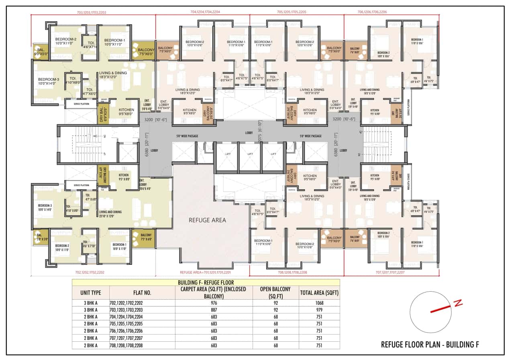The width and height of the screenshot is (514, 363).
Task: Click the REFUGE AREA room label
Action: pyautogui.click(x=207, y=220)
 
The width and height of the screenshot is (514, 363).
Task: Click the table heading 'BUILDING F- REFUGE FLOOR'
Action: pyautogui.click(x=206, y=282)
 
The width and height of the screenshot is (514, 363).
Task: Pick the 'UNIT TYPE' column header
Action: pyautogui.click(x=90, y=292)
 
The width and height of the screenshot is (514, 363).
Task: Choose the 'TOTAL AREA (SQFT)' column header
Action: pyautogui.click(x=319, y=292)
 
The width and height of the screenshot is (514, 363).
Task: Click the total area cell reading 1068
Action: pyautogui.click(x=319, y=303)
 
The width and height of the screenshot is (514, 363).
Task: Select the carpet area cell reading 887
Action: pyautogui.click(x=214, y=310)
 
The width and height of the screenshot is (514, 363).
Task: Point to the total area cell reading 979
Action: pyautogui.click(x=319, y=310)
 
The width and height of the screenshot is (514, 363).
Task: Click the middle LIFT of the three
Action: pyautogui.click(x=250, y=154)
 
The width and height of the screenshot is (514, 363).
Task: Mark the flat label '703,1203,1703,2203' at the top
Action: pyautogui.click(x=92, y=12)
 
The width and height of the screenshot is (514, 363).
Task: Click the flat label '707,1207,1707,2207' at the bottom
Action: pyautogui.click(x=391, y=272)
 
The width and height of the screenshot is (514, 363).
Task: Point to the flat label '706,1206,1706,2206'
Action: pyautogui.click(x=372, y=12)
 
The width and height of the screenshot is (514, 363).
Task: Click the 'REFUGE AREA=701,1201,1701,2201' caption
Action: pyautogui.click(x=206, y=272)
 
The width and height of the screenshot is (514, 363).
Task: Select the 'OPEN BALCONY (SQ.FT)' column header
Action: pyautogui.click(x=275, y=292)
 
